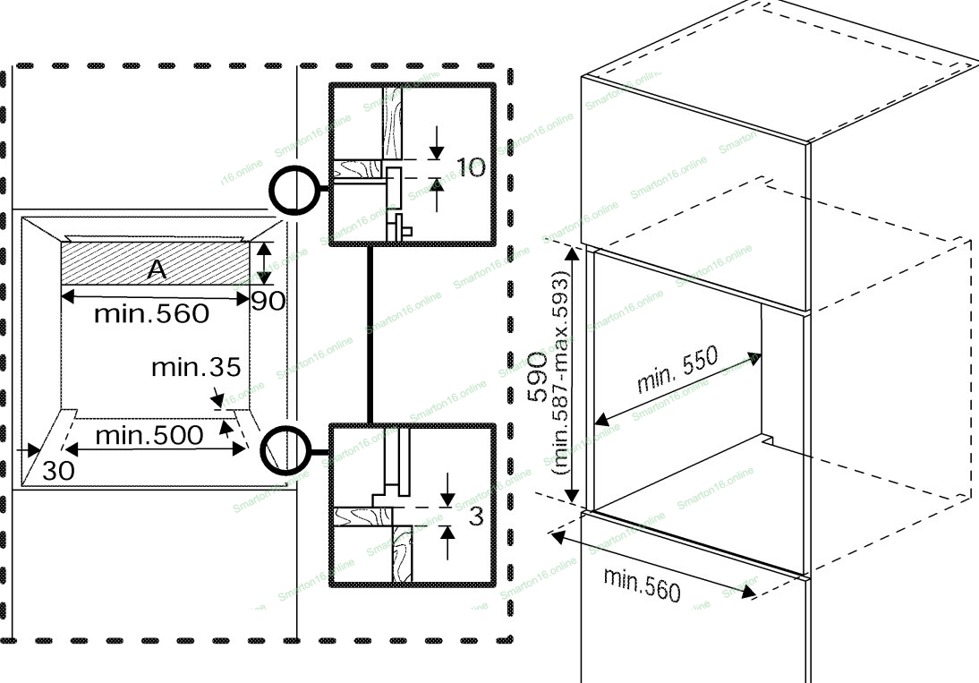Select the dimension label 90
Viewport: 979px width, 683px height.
(268, 301)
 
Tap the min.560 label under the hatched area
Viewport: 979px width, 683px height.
(152, 313)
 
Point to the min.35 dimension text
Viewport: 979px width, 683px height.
(196, 367)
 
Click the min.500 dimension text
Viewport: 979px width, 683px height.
(149, 436)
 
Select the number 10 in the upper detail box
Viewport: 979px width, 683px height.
(472, 167)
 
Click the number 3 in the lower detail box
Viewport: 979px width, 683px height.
(476, 517)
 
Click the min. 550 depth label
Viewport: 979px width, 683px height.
(677, 370)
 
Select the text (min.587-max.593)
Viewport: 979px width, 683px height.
(562, 383)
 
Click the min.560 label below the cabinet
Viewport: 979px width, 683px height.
(642, 584)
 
